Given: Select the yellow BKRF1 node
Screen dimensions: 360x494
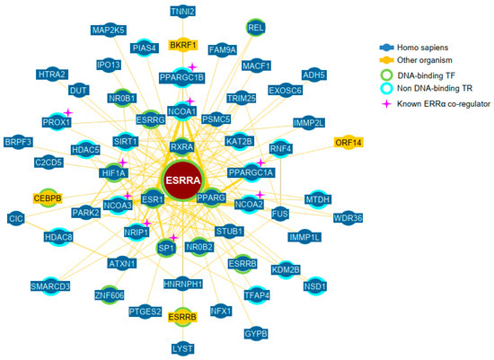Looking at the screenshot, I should pyautogui.click(x=182, y=44).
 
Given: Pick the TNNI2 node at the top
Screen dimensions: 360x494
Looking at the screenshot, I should pyautogui.click(x=183, y=12).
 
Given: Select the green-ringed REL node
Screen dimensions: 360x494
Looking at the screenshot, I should pyautogui.click(x=256, y=29).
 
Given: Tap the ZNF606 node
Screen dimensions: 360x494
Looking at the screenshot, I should pyautogui.click(x=108, y=294).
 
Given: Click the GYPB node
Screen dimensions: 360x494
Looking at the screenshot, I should pyautogui.click(x=256, y=333).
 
